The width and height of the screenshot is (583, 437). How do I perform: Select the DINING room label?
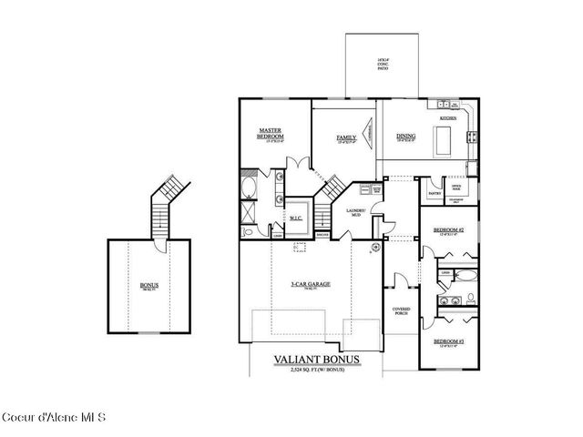tap(405, 137)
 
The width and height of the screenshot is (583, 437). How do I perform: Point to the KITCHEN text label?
tap(448, 118)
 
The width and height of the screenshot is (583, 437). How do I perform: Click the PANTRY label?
tap(435, 192)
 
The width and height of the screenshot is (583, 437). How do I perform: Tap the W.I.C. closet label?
tap(297, 218)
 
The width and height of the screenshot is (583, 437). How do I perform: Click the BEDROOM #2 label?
tap(450, 229)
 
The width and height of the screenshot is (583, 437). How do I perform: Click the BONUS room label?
tap(148, 285)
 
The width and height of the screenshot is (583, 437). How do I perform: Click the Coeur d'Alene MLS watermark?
tap(55, 417)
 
